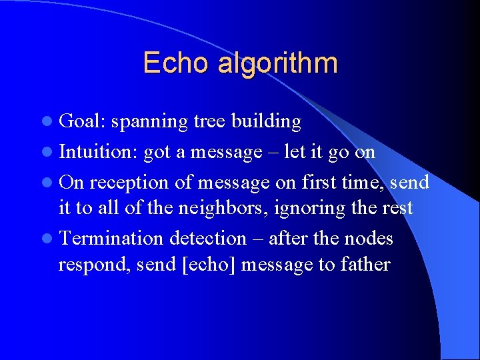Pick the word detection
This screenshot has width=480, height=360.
(208, 239)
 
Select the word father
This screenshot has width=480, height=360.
(364, 265)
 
